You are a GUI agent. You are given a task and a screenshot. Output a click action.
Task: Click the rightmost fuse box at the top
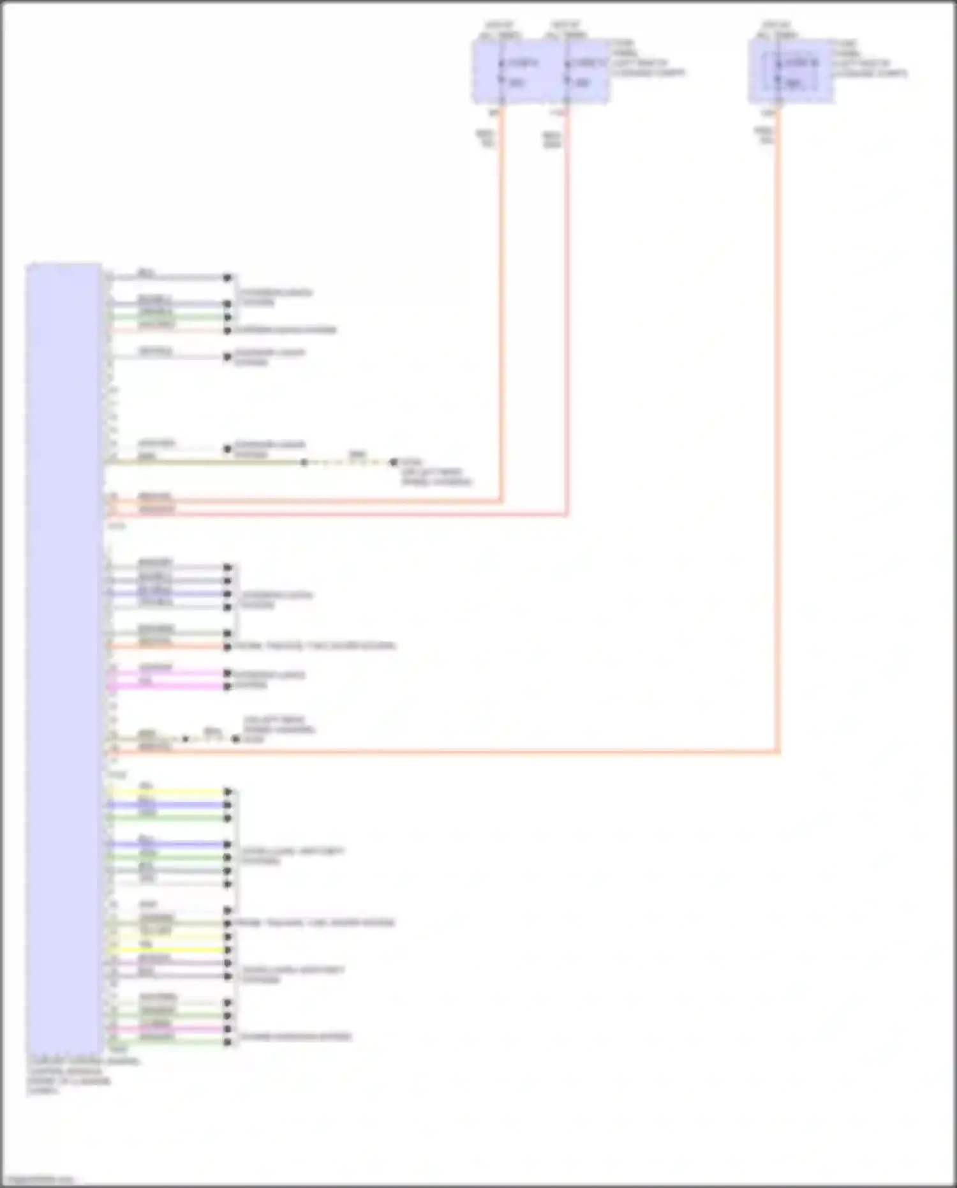[x=791, y=70]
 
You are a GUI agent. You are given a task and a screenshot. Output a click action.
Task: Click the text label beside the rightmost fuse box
[x=869, y=59]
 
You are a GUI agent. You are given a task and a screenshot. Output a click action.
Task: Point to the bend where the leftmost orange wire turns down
[x=501, y=500]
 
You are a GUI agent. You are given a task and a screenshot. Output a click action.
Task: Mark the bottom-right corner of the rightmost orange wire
[x=778, y=751]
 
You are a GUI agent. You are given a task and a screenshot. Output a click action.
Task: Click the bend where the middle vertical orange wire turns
[x=567, y=513]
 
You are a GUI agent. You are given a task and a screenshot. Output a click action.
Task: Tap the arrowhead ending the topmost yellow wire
[x=228, y=792]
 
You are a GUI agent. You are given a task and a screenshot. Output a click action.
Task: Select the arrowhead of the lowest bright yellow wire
[x=228, y=950]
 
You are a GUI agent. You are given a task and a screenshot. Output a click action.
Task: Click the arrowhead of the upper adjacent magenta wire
[x=227, y=673]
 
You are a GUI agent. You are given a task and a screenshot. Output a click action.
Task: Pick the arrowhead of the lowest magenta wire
[x=228, y=1029]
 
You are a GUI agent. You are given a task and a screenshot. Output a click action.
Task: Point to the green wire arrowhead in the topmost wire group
[x=227, y=317]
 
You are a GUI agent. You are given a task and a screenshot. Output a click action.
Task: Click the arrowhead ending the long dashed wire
[x=393, y=462]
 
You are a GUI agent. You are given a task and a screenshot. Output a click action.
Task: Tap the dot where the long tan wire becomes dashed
[x=304, y=462]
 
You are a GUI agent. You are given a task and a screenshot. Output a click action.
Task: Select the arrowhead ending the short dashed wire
[x=235, y=739]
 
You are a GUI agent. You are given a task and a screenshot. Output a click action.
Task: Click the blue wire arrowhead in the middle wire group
[x=227, y=594]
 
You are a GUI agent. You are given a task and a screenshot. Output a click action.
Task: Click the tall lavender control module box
[x=63, y=658]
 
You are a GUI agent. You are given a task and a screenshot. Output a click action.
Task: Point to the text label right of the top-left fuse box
[x=647, y=59]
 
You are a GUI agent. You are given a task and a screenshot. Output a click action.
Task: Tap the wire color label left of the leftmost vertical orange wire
[x=486, y=139]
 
